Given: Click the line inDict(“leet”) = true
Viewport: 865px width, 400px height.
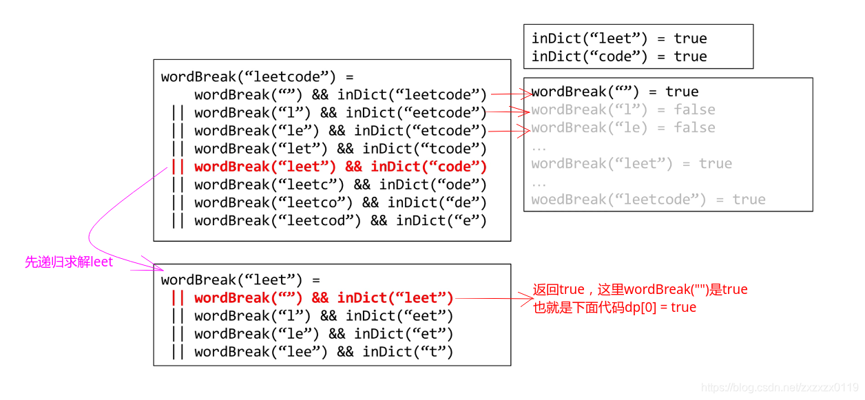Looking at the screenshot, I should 618,39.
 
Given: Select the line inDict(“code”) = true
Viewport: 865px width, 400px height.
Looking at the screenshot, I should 618,56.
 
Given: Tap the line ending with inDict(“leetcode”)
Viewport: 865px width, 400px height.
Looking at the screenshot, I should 340,95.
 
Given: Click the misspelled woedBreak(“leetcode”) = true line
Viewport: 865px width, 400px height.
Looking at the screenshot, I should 647,200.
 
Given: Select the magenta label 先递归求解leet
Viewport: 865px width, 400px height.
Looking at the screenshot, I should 69,262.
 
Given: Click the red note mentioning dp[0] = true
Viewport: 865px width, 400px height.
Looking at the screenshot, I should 614,307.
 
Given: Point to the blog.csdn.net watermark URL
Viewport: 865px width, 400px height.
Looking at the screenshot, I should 779,388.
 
